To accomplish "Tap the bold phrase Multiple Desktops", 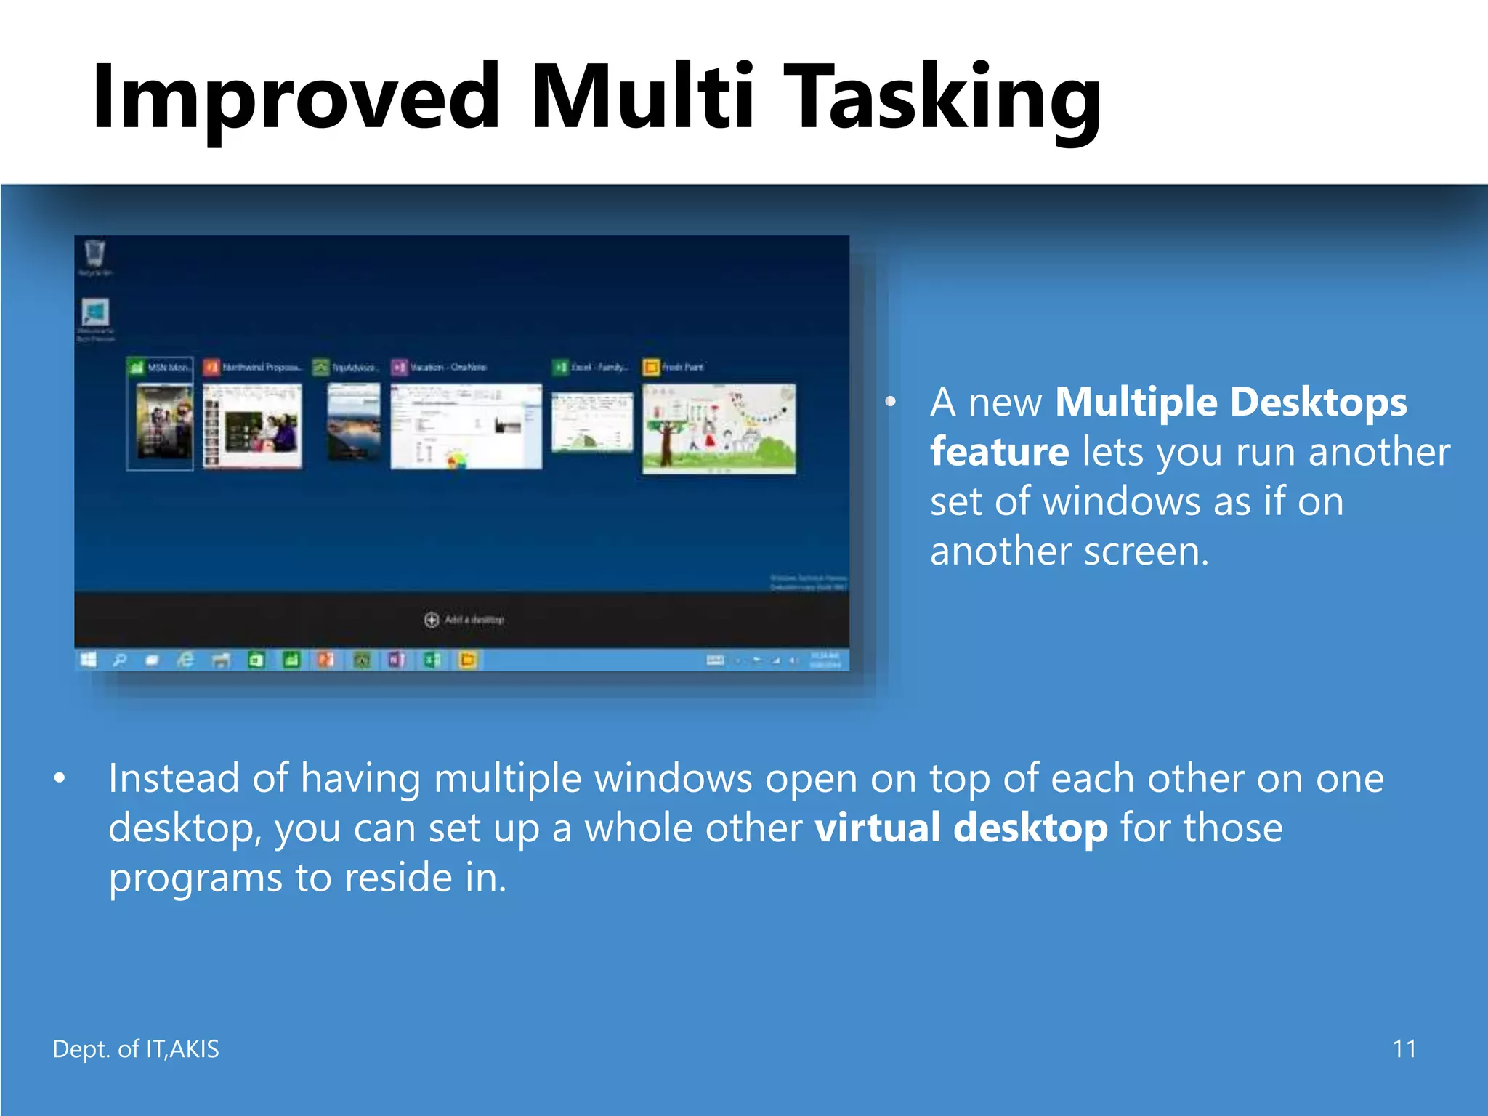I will (1230, 402).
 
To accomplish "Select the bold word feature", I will (999, 452).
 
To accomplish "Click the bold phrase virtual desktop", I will (961, 828).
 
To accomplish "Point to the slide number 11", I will (1404, 1049).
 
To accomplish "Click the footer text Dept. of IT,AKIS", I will (136, 1049).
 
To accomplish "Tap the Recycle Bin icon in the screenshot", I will (94, 256).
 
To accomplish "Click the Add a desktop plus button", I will (432, 619).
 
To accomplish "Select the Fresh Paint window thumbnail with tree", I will (719, 429).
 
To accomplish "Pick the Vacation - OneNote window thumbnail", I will (466, 427).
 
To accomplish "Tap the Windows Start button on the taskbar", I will (89, 660).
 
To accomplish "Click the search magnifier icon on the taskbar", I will (120, 660).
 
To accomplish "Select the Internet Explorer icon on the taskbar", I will (186, 660).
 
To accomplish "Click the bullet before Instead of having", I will (60, 779).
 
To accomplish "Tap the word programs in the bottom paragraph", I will (195, 878).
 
